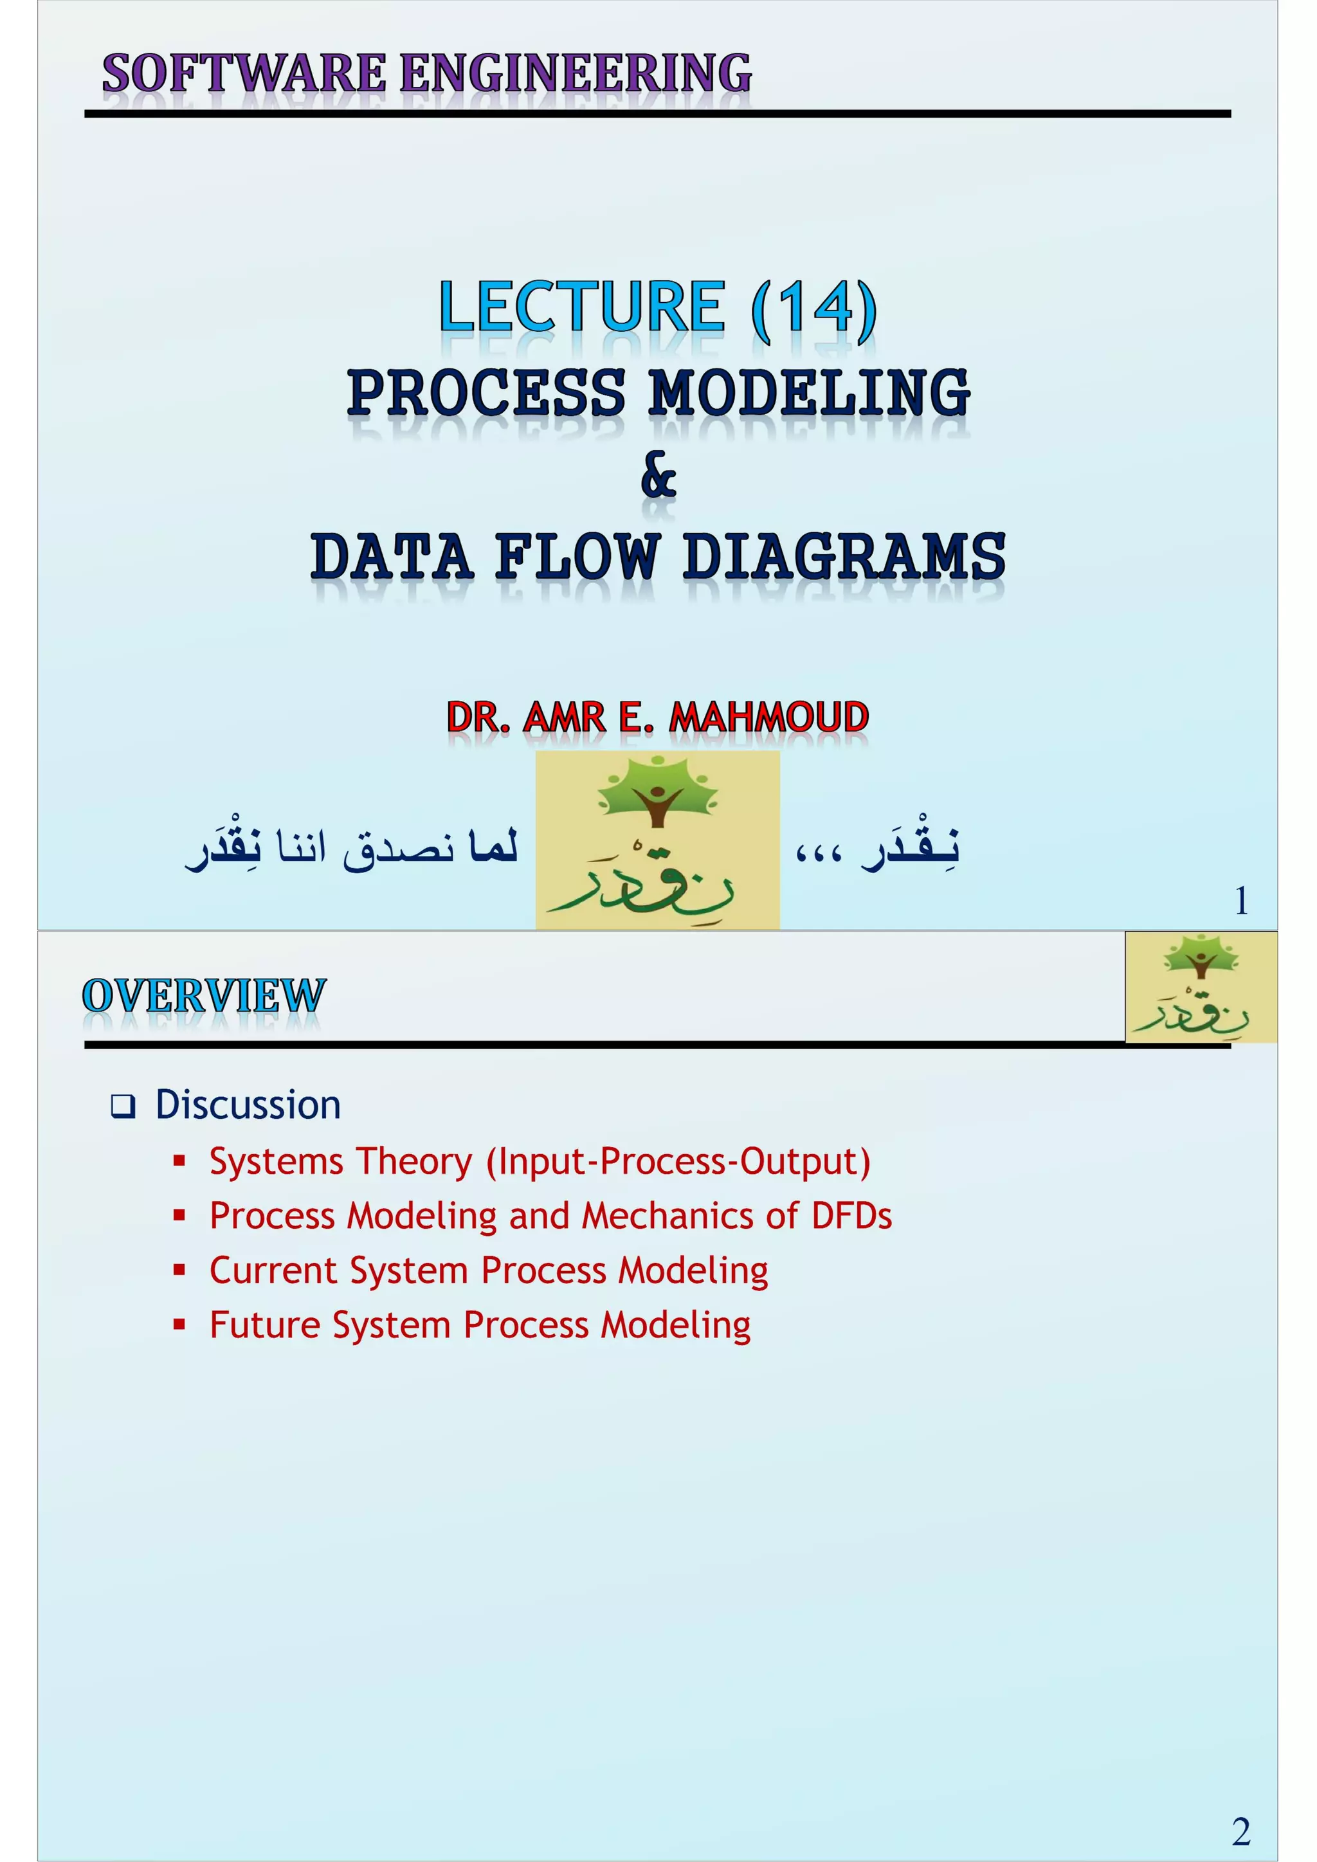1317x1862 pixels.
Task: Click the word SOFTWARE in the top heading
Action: click(243, 73)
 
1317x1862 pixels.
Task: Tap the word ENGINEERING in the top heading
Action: click(576, 73)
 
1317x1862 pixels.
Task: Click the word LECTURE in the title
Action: click(581, 307)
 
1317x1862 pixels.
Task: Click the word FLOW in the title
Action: click(577, 557)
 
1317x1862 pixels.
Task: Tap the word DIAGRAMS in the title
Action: click(844, 557)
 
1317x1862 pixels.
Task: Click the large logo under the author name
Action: click(658, 839)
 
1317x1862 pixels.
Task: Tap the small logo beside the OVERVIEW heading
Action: click(1201, 987)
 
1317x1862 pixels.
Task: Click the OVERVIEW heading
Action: click(204, 996)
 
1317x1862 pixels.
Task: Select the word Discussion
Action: click(248, 1105)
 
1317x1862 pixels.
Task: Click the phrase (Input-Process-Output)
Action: click(678, 1161)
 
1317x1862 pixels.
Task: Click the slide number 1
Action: click(1240, 901)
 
